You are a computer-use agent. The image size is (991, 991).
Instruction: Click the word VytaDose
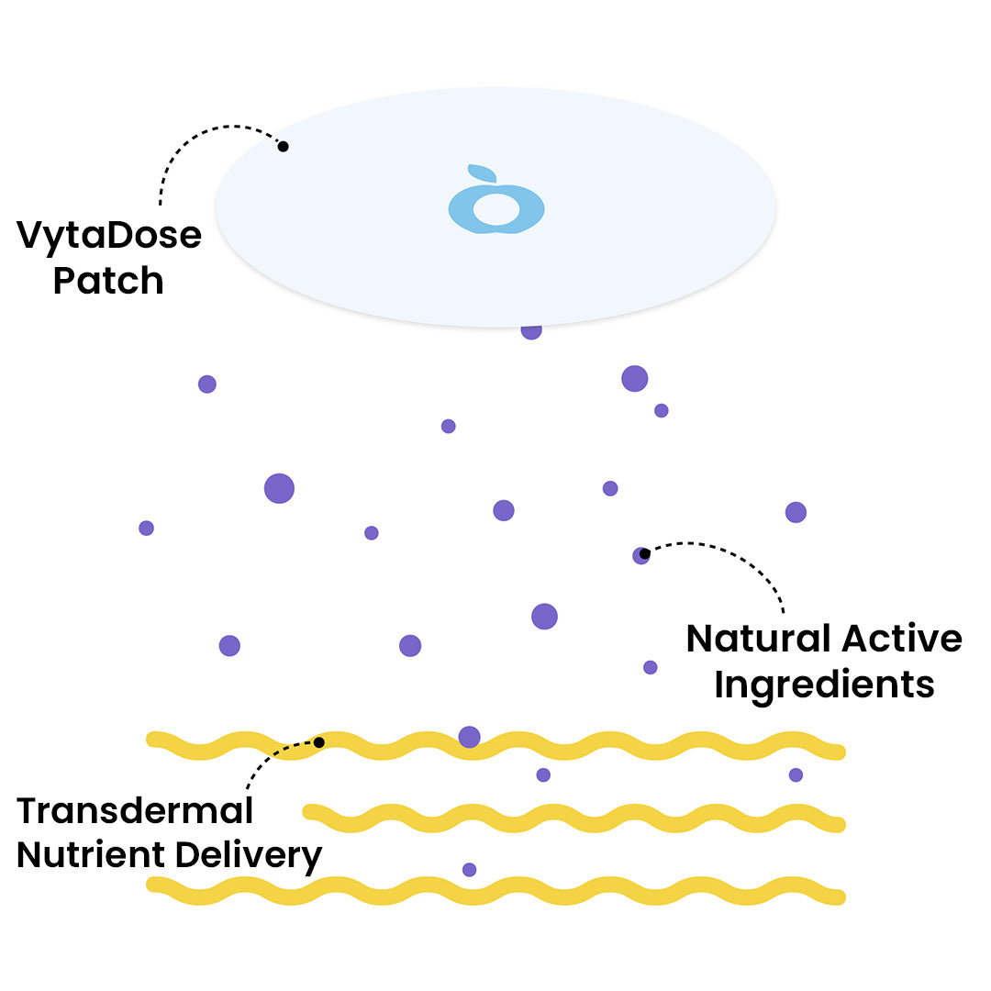(108, 237)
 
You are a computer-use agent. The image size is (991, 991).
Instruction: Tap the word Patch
(108, 281)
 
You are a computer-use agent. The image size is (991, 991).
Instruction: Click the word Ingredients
(824, 685)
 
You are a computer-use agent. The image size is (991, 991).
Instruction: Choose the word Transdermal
(135, 810)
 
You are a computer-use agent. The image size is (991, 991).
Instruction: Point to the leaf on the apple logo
(482, 173)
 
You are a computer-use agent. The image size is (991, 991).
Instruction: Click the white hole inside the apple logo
(495, 208)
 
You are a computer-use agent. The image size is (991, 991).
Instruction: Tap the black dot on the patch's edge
(283, 147)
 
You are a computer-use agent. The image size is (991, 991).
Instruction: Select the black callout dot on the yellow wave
(318, 742)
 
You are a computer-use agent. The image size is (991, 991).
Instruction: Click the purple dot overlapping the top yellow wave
(469, 736)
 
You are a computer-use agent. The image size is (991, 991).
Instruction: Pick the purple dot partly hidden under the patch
(531, 331)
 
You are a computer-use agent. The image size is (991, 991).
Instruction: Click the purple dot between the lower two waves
(469, 869)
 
